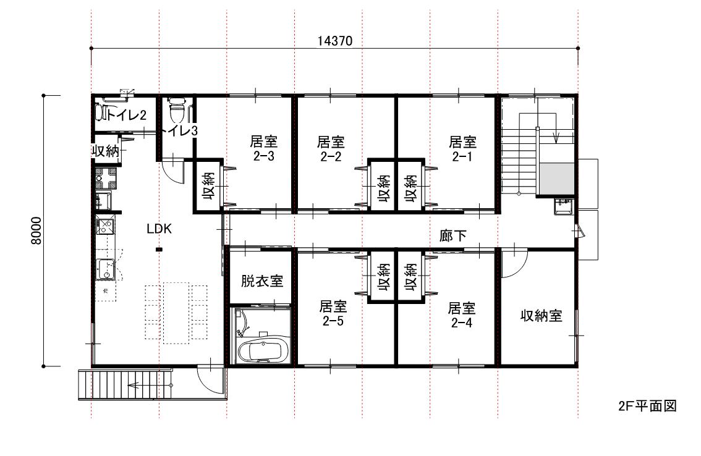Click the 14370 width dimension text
click(335, 41)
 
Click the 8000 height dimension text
click(36, 230)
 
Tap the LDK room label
click(159, 229)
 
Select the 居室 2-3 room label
click(263, 149)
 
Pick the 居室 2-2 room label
click(331, 149)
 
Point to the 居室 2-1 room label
click(463, 149)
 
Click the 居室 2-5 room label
click(333, 313)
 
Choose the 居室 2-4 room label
click(462, 315)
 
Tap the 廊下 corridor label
click(453, 235)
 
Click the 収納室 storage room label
click(541, 316)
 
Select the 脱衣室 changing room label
click(262, 281)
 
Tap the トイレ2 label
click(126, 116)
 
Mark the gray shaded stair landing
click(556, 179)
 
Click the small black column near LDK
click(159, 250)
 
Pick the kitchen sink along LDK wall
click(106, 269)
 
